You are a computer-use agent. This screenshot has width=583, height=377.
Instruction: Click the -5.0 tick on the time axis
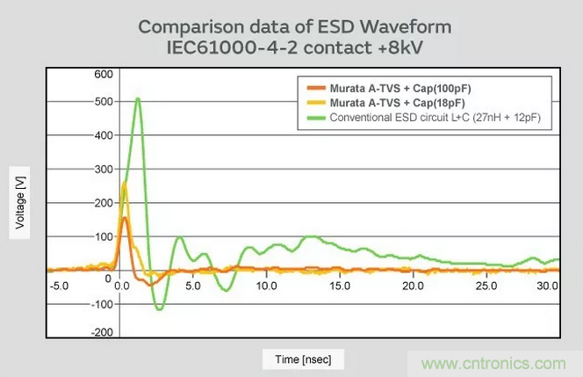click(58, 286)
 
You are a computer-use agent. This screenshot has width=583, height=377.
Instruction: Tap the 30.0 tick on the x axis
click(547, 286)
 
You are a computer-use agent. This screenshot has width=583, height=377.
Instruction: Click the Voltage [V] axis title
click(18, 203)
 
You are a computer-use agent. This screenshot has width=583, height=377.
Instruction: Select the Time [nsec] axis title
click(303, 359)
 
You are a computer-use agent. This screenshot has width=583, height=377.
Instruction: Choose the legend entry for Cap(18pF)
click(389, 102)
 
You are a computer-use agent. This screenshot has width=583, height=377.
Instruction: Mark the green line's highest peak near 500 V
click(138, 98)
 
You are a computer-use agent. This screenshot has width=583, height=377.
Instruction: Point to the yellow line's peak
click(125, 183)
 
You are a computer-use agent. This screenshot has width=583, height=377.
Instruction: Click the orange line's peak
click(125, 218)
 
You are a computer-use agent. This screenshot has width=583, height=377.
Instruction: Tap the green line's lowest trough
click(160, 309)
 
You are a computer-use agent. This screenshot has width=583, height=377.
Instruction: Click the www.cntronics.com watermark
click(495, 363)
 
